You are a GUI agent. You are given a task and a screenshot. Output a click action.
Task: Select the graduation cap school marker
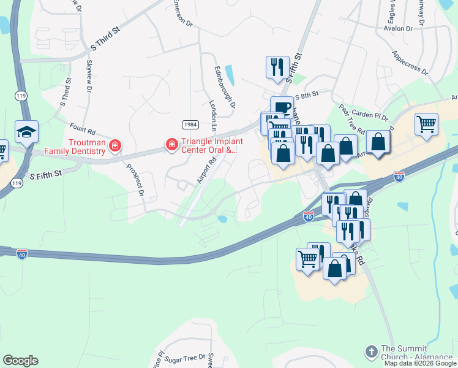click(x=27, y=131)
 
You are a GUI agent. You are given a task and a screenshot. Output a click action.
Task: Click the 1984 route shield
click(x=190, y=125)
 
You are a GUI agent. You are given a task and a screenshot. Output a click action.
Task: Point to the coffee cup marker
click(x=282, y=107)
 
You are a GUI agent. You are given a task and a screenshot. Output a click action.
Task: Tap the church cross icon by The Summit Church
click(x=371, y=351)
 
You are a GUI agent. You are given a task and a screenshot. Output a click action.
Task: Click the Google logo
click(x=20, y=361)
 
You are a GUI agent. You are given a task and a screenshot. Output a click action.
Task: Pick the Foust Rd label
click(x=82, y=131)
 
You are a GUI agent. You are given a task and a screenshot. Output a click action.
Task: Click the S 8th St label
click(x=307, y=95)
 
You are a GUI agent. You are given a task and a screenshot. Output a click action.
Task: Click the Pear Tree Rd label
click(x=352, y=118)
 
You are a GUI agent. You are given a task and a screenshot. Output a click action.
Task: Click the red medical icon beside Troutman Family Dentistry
click(x=114, y=146)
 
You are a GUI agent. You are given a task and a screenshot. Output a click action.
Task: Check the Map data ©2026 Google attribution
click(x=420, y=363)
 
